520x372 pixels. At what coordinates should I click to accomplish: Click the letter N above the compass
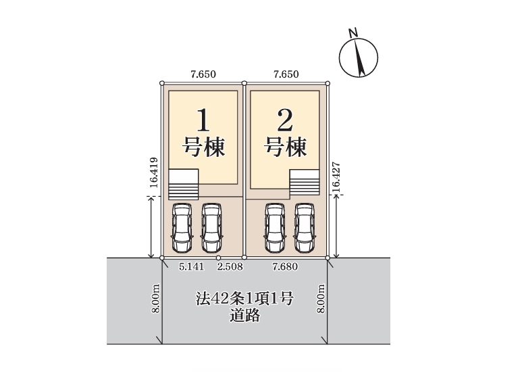click(353, 32)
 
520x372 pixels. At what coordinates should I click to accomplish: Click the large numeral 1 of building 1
click(203, 120)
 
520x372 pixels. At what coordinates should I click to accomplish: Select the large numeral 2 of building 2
click(285, 120)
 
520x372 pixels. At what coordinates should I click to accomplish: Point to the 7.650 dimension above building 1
click(203, 74)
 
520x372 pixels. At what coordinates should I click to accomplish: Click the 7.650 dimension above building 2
click(286, 74)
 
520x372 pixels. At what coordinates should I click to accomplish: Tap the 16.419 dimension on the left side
click(153, 172)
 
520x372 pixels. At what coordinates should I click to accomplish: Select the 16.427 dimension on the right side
click(336, 177)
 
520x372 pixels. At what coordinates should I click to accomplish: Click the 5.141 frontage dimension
click(191, 266)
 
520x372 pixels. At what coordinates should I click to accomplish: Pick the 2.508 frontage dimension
click(230, 266)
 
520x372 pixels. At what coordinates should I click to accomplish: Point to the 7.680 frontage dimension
click(285, 266)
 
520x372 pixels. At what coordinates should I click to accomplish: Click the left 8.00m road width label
click(156, 298)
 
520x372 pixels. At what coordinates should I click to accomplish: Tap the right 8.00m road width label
click(320, 298)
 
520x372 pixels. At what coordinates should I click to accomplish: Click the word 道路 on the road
click(244, 316)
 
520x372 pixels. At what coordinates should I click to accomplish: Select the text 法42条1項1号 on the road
click(244, 298)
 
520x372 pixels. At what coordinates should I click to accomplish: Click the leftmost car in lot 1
click(182, 227)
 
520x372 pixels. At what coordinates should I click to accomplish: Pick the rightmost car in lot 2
click(305, 227)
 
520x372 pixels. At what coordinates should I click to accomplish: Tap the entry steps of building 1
click(184, 185)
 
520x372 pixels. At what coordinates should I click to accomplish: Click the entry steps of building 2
click(305, 183)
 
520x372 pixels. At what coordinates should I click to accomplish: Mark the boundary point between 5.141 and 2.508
click(218, 258)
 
